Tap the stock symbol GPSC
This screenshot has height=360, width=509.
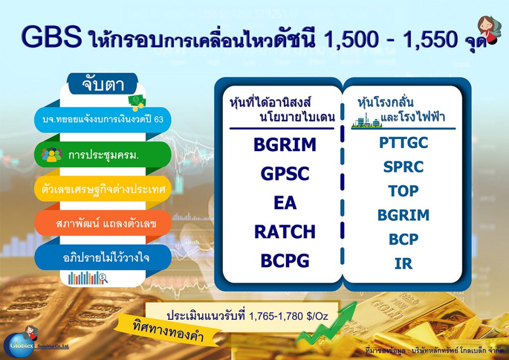tap(285, 174)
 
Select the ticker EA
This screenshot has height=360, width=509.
tap(285, 203)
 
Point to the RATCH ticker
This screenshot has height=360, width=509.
tap(285, 232)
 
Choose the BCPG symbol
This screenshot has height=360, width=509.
tap(285, 261)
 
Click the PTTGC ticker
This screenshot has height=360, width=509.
tap(404, 143)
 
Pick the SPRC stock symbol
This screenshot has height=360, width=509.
tap(404, 167)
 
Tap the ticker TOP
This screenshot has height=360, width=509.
tap(404, 191)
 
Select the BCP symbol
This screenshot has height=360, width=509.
tap(404, 239)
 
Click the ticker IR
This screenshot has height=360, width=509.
tap(404, 263)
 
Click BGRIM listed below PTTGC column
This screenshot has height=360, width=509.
tap(404, 215)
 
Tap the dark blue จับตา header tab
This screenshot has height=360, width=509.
tap(103, 84)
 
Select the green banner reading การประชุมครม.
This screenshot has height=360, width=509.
tap(103, 155)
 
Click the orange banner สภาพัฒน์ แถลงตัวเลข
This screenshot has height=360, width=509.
tap(103, 223)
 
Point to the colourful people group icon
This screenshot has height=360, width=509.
tap(52, 155)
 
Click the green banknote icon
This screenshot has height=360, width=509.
tap(137, 101)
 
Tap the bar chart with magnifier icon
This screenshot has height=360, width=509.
tap(87, 278)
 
